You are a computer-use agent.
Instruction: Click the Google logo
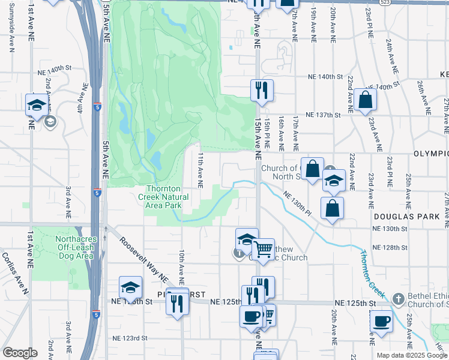coord(20,353)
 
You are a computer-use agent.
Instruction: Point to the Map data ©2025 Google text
coord(411,355)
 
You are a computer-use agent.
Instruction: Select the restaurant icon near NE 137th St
coord(262,90)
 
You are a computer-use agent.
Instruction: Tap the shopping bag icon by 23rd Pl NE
coord(365,100)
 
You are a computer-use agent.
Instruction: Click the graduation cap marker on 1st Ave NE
coord(37,105)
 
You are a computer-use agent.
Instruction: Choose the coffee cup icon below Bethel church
coord(381,322)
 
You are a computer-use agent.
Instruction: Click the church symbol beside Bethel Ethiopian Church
coord(397,299)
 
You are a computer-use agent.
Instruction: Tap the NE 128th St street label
coord(390,247)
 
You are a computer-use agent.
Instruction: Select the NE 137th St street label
coord(324,114)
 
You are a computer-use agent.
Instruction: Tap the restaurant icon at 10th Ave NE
coord(178,304)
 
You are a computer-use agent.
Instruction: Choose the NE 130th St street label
coord(390,229)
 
